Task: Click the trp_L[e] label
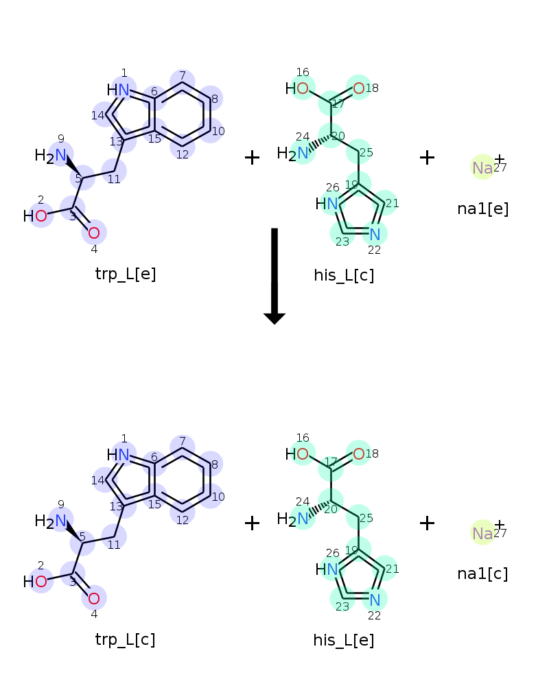pyautogui.click(x=126, y=274)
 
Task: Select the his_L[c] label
pyautogui.click(x=344, y=275)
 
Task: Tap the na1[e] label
pyautogui.click(x=483, y=209)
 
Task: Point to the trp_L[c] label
pyautogui.click(x=126, y=640)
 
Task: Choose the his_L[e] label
pyautogui.click(x=344, y=641)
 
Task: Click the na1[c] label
pyautogui.click(x=483, y=574)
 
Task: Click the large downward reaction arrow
pyautogui.click(x=274, y=274)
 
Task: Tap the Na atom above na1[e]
pyautogui.click(x=482, y=167)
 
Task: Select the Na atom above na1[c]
pyautogui.click(x=482, y=533)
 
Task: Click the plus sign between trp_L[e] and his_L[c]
pyautogui.click(x=253, y=158)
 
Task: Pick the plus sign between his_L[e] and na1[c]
pyautogui.click(x=427, y=523)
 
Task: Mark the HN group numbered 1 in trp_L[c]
pyautogui.click(x=119, y=455)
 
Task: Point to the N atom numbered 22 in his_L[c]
pyautogui.click(x=375, y=235)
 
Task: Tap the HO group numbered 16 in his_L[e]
pyautogui.click(x=298, y=453)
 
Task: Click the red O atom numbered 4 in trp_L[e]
pyautogui.click(x=94, y=233)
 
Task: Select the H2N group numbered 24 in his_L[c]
pyautogui.click(x=294, y=153)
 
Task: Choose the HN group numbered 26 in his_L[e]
pyautogui.click(x=327, y=569)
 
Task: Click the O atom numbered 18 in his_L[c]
pyautogui.click(x=358, y=87)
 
